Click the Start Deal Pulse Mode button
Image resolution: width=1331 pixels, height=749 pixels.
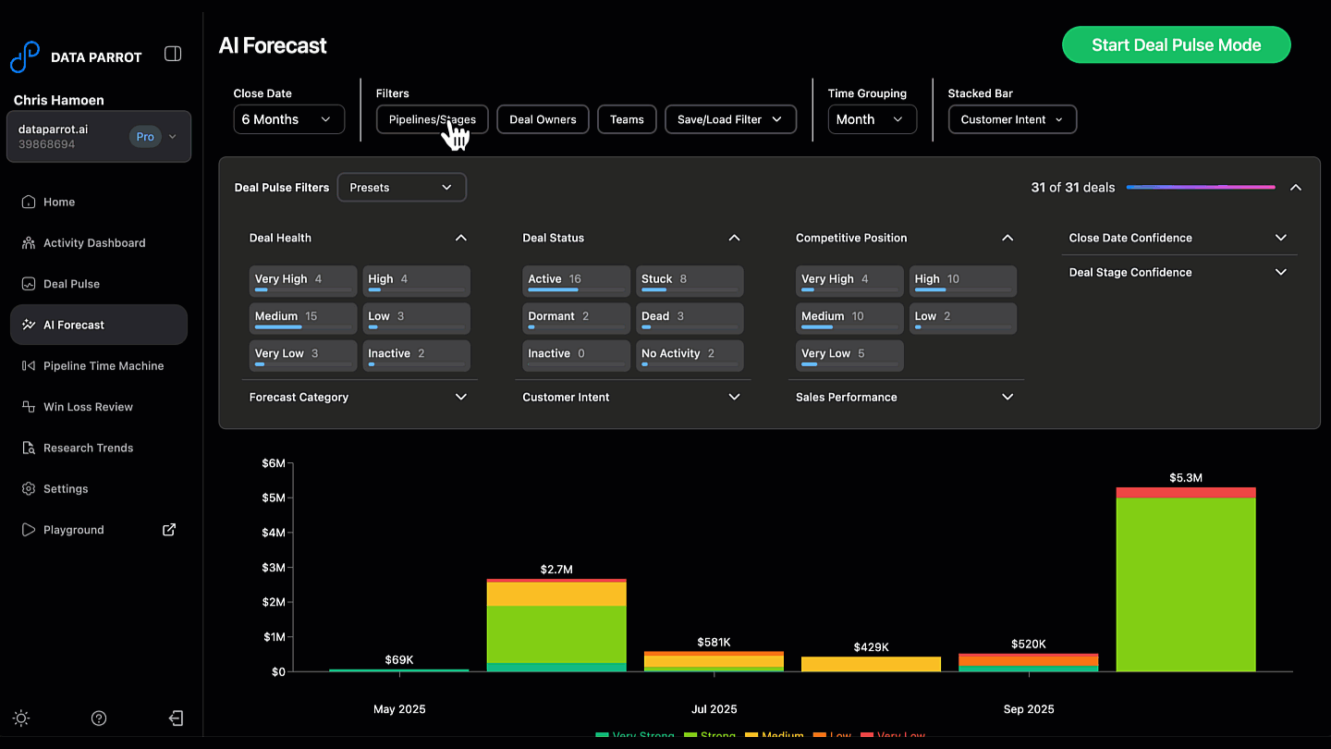point(1176,44)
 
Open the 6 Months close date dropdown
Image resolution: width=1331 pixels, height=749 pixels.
point(288,119)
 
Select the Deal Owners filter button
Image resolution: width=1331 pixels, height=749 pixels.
point(543,119)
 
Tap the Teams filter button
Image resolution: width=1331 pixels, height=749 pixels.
point(627,119)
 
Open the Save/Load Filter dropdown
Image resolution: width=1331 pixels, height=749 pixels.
point(730,119)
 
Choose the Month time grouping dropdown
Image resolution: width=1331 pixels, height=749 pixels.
point(872,119)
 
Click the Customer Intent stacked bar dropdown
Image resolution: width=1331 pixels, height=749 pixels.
point(1012,119)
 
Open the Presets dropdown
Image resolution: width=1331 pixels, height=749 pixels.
point(401,187)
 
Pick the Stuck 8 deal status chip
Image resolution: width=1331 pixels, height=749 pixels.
point(689,280)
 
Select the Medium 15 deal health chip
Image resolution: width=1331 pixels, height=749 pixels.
point(302,317)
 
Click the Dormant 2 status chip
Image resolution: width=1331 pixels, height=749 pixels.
point(576,317)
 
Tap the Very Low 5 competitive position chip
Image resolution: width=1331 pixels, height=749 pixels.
point(849,355)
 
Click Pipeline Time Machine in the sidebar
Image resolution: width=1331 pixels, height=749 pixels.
point(104,366)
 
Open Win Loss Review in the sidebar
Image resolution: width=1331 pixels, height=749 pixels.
point(88,407)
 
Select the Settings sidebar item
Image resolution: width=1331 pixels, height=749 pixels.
point(66,488)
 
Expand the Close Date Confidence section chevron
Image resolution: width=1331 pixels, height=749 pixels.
point(1280,238)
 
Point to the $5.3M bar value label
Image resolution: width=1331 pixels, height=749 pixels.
point(1185,478)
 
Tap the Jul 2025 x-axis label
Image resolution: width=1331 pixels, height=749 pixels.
point(714,709)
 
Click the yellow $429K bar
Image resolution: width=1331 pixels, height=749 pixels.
point(871,664)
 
